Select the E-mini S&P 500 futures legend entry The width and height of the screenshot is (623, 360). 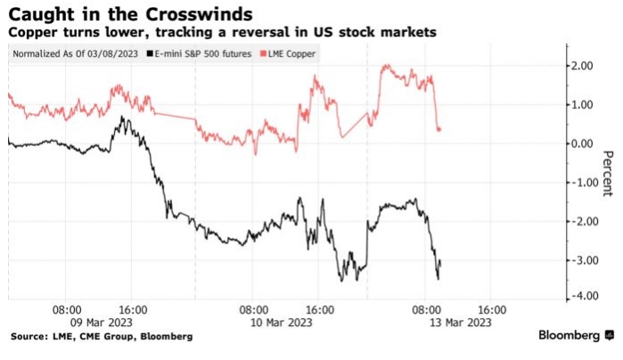(199, 53)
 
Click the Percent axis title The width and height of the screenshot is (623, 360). (608, 173)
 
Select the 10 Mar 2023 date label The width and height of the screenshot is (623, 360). (282, 322)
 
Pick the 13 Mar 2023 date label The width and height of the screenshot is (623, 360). (460, 322)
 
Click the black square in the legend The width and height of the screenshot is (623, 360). (150, 53)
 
